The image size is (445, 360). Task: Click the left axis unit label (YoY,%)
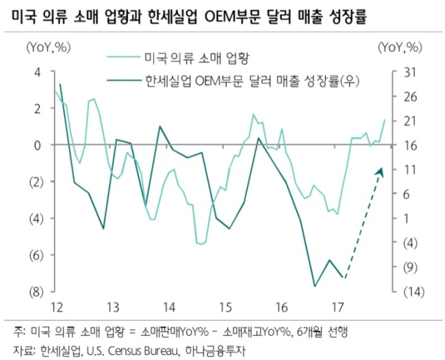point(48,47)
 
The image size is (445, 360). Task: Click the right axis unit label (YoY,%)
point(400,47)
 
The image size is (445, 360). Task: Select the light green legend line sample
point(124,57)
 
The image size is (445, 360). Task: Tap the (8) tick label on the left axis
point(36,292)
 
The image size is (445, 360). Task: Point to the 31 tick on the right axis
point(409,73)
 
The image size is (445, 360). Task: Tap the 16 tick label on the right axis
point(409,146)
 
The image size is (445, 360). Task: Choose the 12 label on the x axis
point(57,307)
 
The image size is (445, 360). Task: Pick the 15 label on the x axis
point(226,307)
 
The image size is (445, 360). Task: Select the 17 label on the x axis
point(338,307)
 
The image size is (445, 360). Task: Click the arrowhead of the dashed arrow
point(380,172)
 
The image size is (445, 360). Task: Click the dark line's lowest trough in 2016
point(315,286)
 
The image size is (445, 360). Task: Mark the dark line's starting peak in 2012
point(60,84)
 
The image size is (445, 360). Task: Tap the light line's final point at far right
point(385,120)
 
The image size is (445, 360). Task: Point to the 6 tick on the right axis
point(410,194)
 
